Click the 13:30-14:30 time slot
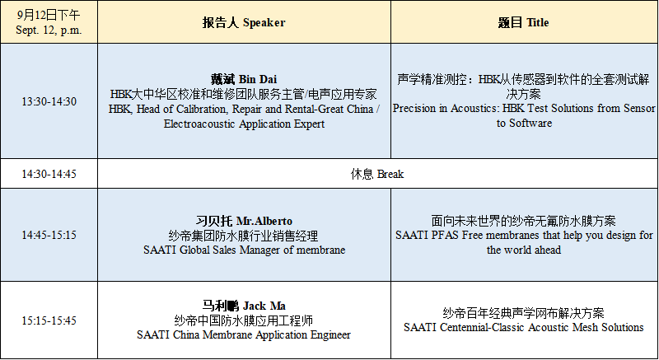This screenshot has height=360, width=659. click(x=49, y=101)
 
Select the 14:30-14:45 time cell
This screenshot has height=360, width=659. click(x=49, y=174)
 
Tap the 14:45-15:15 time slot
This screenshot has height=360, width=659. click(x=49, y=235)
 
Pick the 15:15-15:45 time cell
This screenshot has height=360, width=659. click(x=49, y=321)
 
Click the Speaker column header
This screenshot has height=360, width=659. click(x=244, y=23)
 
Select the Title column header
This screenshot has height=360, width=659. click(x=524, y=23)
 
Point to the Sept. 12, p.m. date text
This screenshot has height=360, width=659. click(x=49, y=30)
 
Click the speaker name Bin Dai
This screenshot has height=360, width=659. click(x=258, y=79)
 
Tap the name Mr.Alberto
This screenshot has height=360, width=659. click(x=264, y=221)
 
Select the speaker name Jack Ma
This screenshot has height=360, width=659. click(x=264, y=306)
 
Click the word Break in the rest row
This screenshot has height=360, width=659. click(x=390, y=174)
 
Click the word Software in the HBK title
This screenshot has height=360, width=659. click(x=530, y=123)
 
